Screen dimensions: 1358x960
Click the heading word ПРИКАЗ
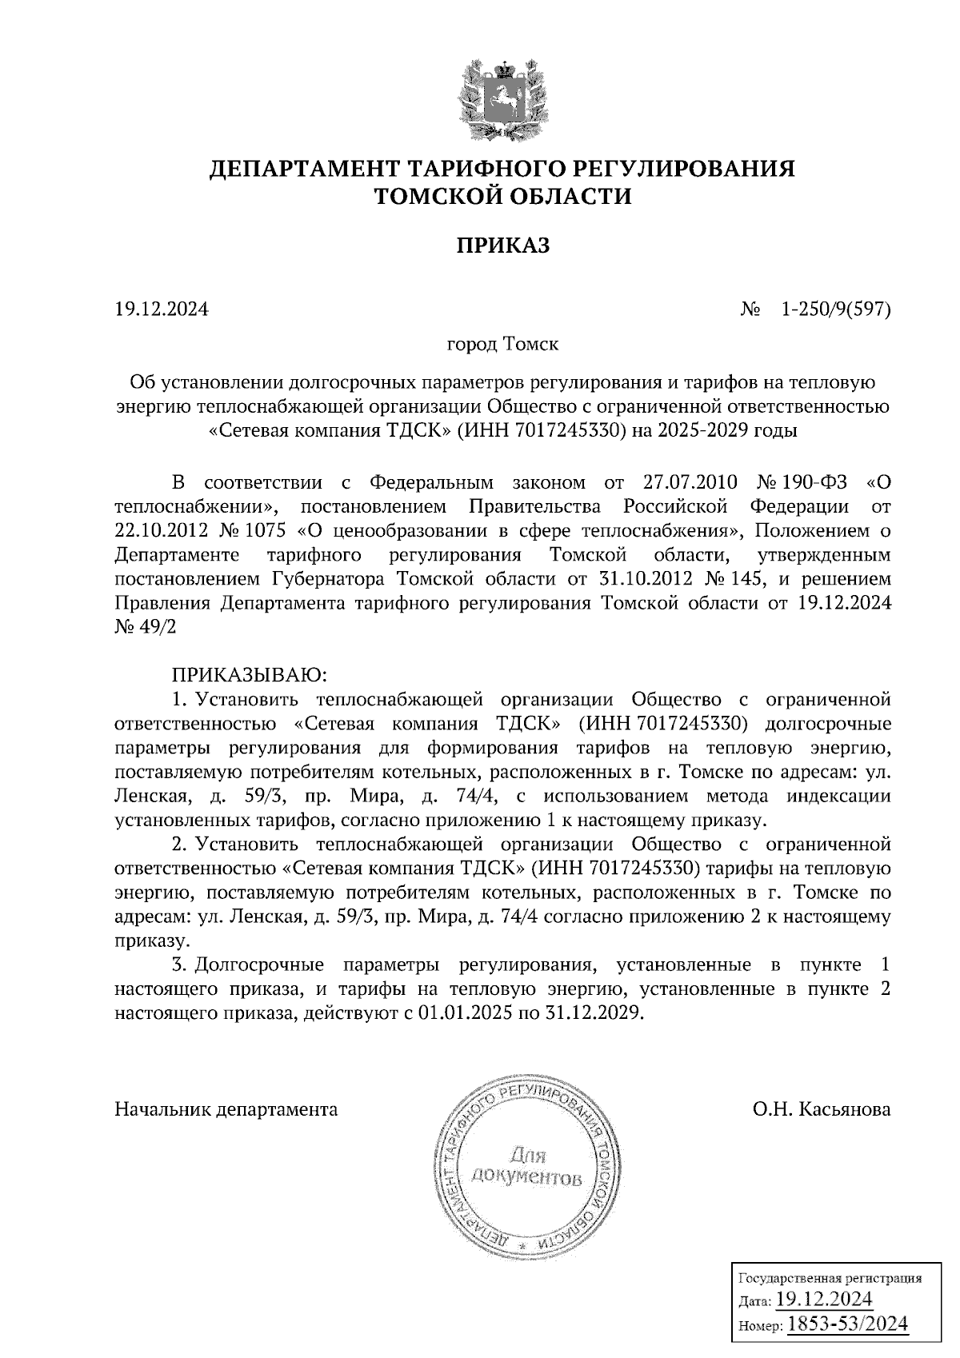point(503,246)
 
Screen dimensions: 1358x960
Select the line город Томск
point(502,345)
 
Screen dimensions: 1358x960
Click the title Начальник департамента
point(226,1109)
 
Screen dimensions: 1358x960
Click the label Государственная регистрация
point(828,1278)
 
